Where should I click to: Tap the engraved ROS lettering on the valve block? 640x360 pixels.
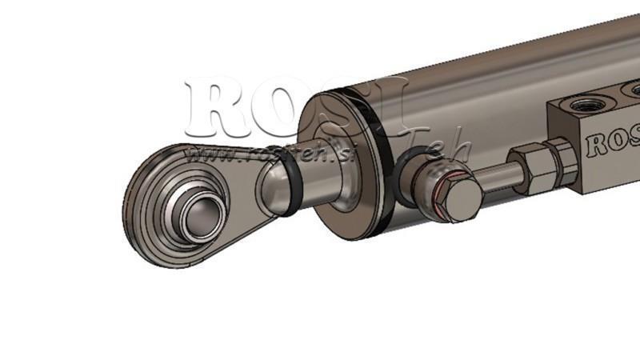point(613,145)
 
